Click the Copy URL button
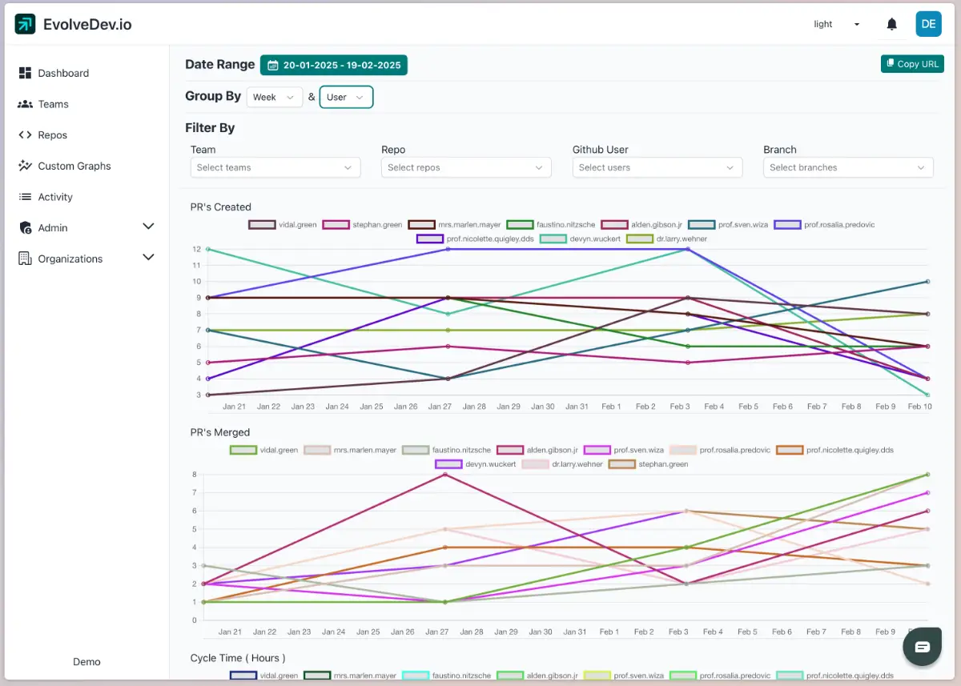(912, 64)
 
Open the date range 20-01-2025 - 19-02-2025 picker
(334, 65)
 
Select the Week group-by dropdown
(274, 98)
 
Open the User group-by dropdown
(346, 98)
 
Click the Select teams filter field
(275, 167)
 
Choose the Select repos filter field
(466, 167)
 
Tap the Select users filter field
(657, 167)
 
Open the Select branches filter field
(848, 167)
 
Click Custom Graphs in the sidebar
(74, 166)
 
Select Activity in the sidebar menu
(55, 197)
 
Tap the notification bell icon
(892, 25)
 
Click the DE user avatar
(928, 24)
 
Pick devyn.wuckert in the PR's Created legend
(594, 239)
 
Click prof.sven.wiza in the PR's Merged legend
(638, 450)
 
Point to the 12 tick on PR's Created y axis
(196, 249)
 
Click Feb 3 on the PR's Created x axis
(680, 407)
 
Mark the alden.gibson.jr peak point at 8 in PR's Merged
(445, 475)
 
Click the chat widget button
(923, 647)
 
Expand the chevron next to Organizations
(148, 257)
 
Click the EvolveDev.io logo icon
(26, 24)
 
